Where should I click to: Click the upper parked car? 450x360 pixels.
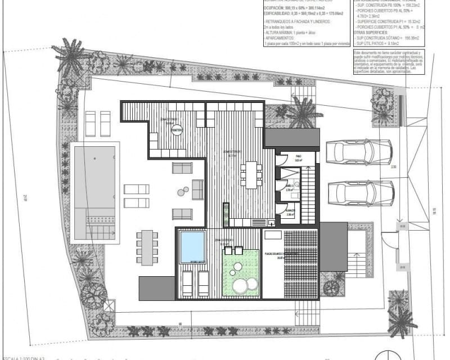tap(358, 152)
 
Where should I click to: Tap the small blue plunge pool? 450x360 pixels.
tap(192, 246)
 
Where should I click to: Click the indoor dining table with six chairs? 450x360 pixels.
tap(251, 174)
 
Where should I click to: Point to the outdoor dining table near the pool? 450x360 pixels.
tap(147, 247)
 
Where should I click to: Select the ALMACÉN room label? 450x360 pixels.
tap(291, 213)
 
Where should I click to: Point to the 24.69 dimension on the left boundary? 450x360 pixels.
tap(25, 197)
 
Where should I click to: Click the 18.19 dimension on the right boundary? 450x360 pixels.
tap(435, 211)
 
